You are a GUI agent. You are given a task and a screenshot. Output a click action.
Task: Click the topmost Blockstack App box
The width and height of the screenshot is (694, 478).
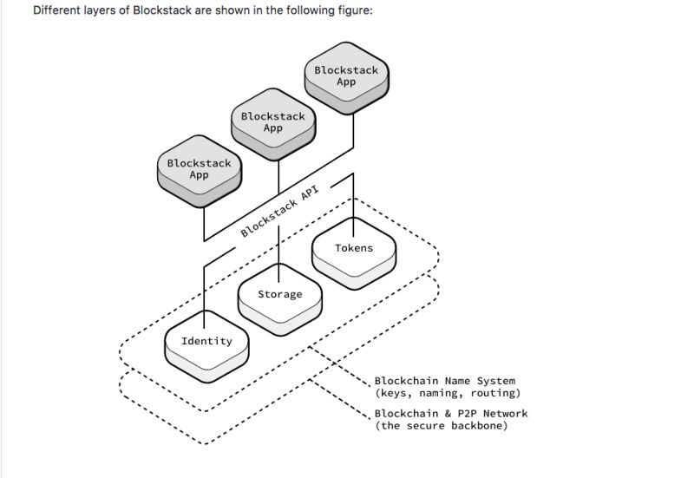click(346, 76)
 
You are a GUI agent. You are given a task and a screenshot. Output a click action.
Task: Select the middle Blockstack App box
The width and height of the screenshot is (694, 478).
click(273, 123)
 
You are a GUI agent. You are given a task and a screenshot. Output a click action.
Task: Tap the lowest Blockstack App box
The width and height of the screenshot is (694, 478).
click(200, 170)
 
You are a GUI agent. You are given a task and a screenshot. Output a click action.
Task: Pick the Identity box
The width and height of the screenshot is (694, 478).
click(206, 342)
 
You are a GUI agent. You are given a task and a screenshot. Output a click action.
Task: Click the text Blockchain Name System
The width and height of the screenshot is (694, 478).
click(444, 381)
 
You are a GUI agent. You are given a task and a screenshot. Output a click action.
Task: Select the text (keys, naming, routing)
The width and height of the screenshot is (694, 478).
click(447, 393)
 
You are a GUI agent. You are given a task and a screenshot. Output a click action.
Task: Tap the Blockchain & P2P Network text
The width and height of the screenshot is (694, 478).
click(450, 414)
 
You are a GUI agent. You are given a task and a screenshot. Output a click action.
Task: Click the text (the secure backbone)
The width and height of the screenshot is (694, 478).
click(441, 426)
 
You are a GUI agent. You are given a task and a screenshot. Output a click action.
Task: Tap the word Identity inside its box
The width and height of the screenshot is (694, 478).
click(206, 341)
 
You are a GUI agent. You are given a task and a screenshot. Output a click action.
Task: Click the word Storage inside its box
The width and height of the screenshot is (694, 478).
click(280, 294)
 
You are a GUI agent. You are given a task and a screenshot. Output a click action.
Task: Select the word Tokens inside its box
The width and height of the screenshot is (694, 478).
click(354, 248)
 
